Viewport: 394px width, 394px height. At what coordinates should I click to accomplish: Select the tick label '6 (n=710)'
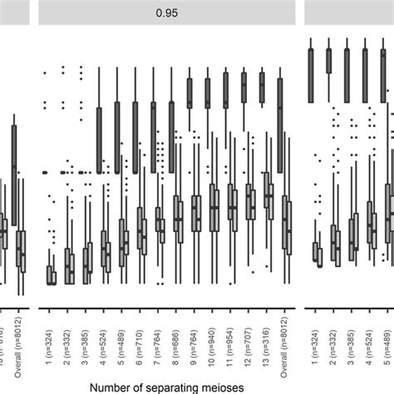(139, 335)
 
